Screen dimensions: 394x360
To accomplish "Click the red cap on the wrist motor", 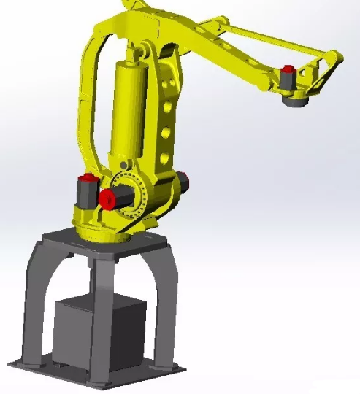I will (x=289, y=73).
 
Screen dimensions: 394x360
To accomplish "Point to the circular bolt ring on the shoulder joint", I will (x=135, y=193).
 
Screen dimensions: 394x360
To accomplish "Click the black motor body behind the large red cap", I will (x=128, y=196).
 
